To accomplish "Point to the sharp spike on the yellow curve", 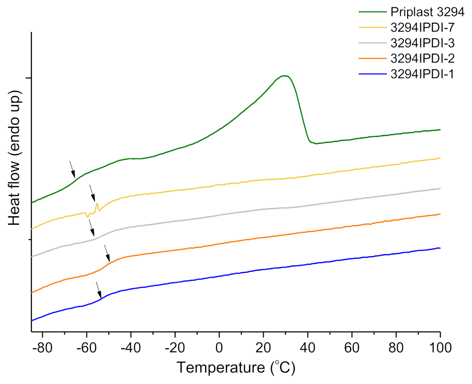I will (x=97, y=203).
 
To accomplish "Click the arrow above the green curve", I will (x=72, y=169).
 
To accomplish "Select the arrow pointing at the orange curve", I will (x=107, y=253).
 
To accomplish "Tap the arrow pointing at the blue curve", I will (x=99, y=290).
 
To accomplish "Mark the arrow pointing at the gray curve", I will (x=92, y=228).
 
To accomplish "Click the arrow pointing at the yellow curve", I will (x=92, y=193).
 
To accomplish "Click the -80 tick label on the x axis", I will (x=42, y=348).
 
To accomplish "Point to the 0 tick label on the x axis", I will (x=219, y=348).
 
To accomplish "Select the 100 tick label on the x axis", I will (x=440, y=348).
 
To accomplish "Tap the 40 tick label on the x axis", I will (x=308, y=348).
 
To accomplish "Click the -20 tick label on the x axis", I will (x=175, y=348).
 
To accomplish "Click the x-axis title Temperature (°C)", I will (x=236, y=368).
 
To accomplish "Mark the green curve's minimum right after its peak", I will (x=316, y=143).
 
